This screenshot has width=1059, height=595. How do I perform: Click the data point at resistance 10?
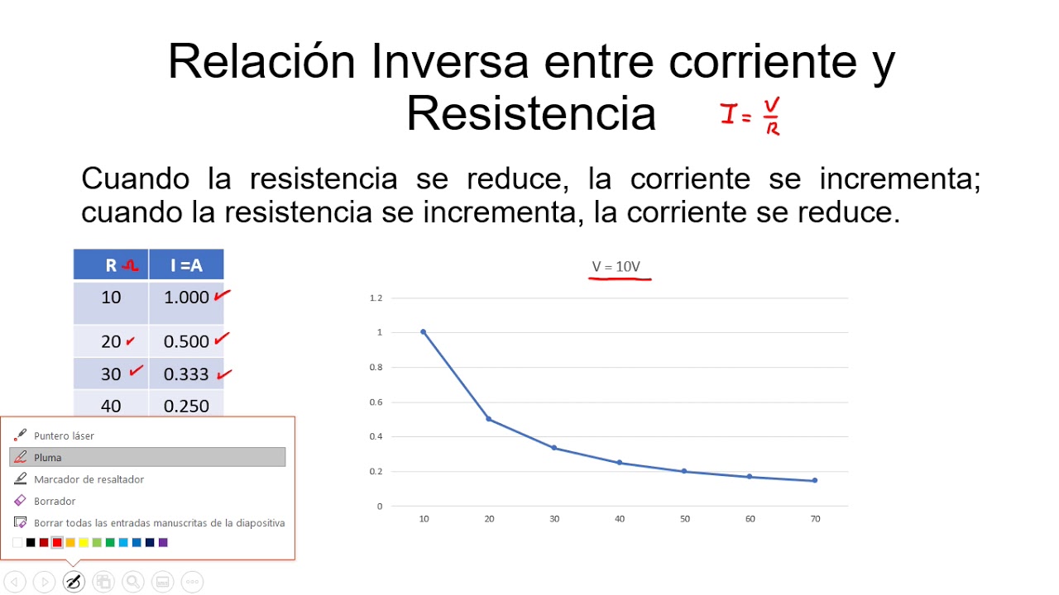(x=423, y=332)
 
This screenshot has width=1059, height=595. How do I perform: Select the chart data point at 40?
(x=619, y=463)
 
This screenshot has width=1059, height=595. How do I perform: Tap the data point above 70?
(x=815, y=480)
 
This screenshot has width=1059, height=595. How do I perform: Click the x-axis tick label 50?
(x=684, y=519)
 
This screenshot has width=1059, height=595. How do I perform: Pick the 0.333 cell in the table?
(x=186, y=374)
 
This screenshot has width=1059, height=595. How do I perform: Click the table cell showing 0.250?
(x=186, y=406)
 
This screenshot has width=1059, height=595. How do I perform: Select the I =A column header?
(x=186, y=265)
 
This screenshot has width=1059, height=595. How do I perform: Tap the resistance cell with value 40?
(x=111, y=406)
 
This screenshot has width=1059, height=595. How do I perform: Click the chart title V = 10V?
(x=616, y=267)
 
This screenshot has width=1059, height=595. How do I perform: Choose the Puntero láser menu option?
(x=64, y=436)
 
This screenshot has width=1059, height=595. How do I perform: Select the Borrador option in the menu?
(x=55, y=501)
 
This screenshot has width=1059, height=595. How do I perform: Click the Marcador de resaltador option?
(x=89, y=479)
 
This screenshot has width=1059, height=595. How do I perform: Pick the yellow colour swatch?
(x=84, y=543)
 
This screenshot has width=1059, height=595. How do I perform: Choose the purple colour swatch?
(x=163, y=543)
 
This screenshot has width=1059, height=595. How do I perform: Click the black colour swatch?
(x=31, y=543)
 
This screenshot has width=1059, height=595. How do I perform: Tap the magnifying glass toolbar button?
(x=132, y=582)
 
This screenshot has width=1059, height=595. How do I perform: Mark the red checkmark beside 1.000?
(x=222, y=295)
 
